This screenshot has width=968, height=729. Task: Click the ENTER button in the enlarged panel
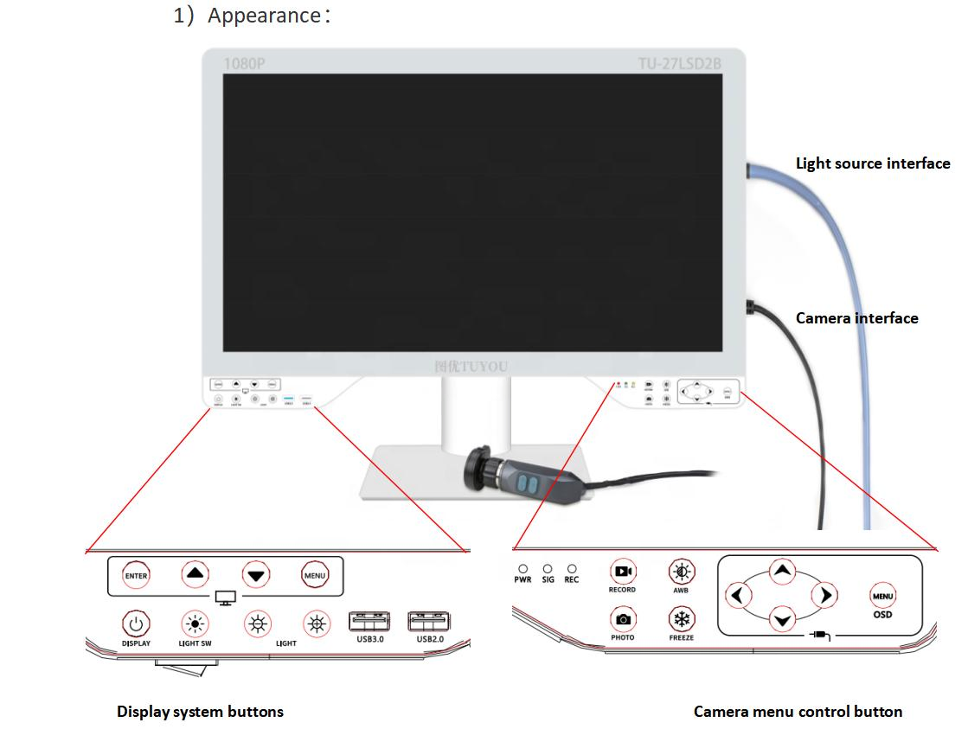click(x=136, y=575)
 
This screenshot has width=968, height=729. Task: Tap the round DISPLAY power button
click(x=135, y=623)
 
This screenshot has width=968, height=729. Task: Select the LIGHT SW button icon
click(x=194, y=623)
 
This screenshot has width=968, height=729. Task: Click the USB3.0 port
click(x=369, y=622)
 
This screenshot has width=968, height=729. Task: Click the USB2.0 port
click(x=430, y=622)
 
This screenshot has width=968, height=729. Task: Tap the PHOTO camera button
click(x=622, y=619)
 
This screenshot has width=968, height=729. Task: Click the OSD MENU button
click(x=882, y=596)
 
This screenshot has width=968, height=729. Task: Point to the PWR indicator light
click(x=522, y=569)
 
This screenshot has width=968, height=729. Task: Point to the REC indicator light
click(x=572, y=569)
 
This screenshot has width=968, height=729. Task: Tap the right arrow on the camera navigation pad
click(x=825, y=595)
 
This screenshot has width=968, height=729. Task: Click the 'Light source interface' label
click(x=872, y=163)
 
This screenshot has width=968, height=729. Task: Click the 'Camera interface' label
click(x=856, y=318)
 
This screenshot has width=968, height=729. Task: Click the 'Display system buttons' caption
click(x=200, y=712)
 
